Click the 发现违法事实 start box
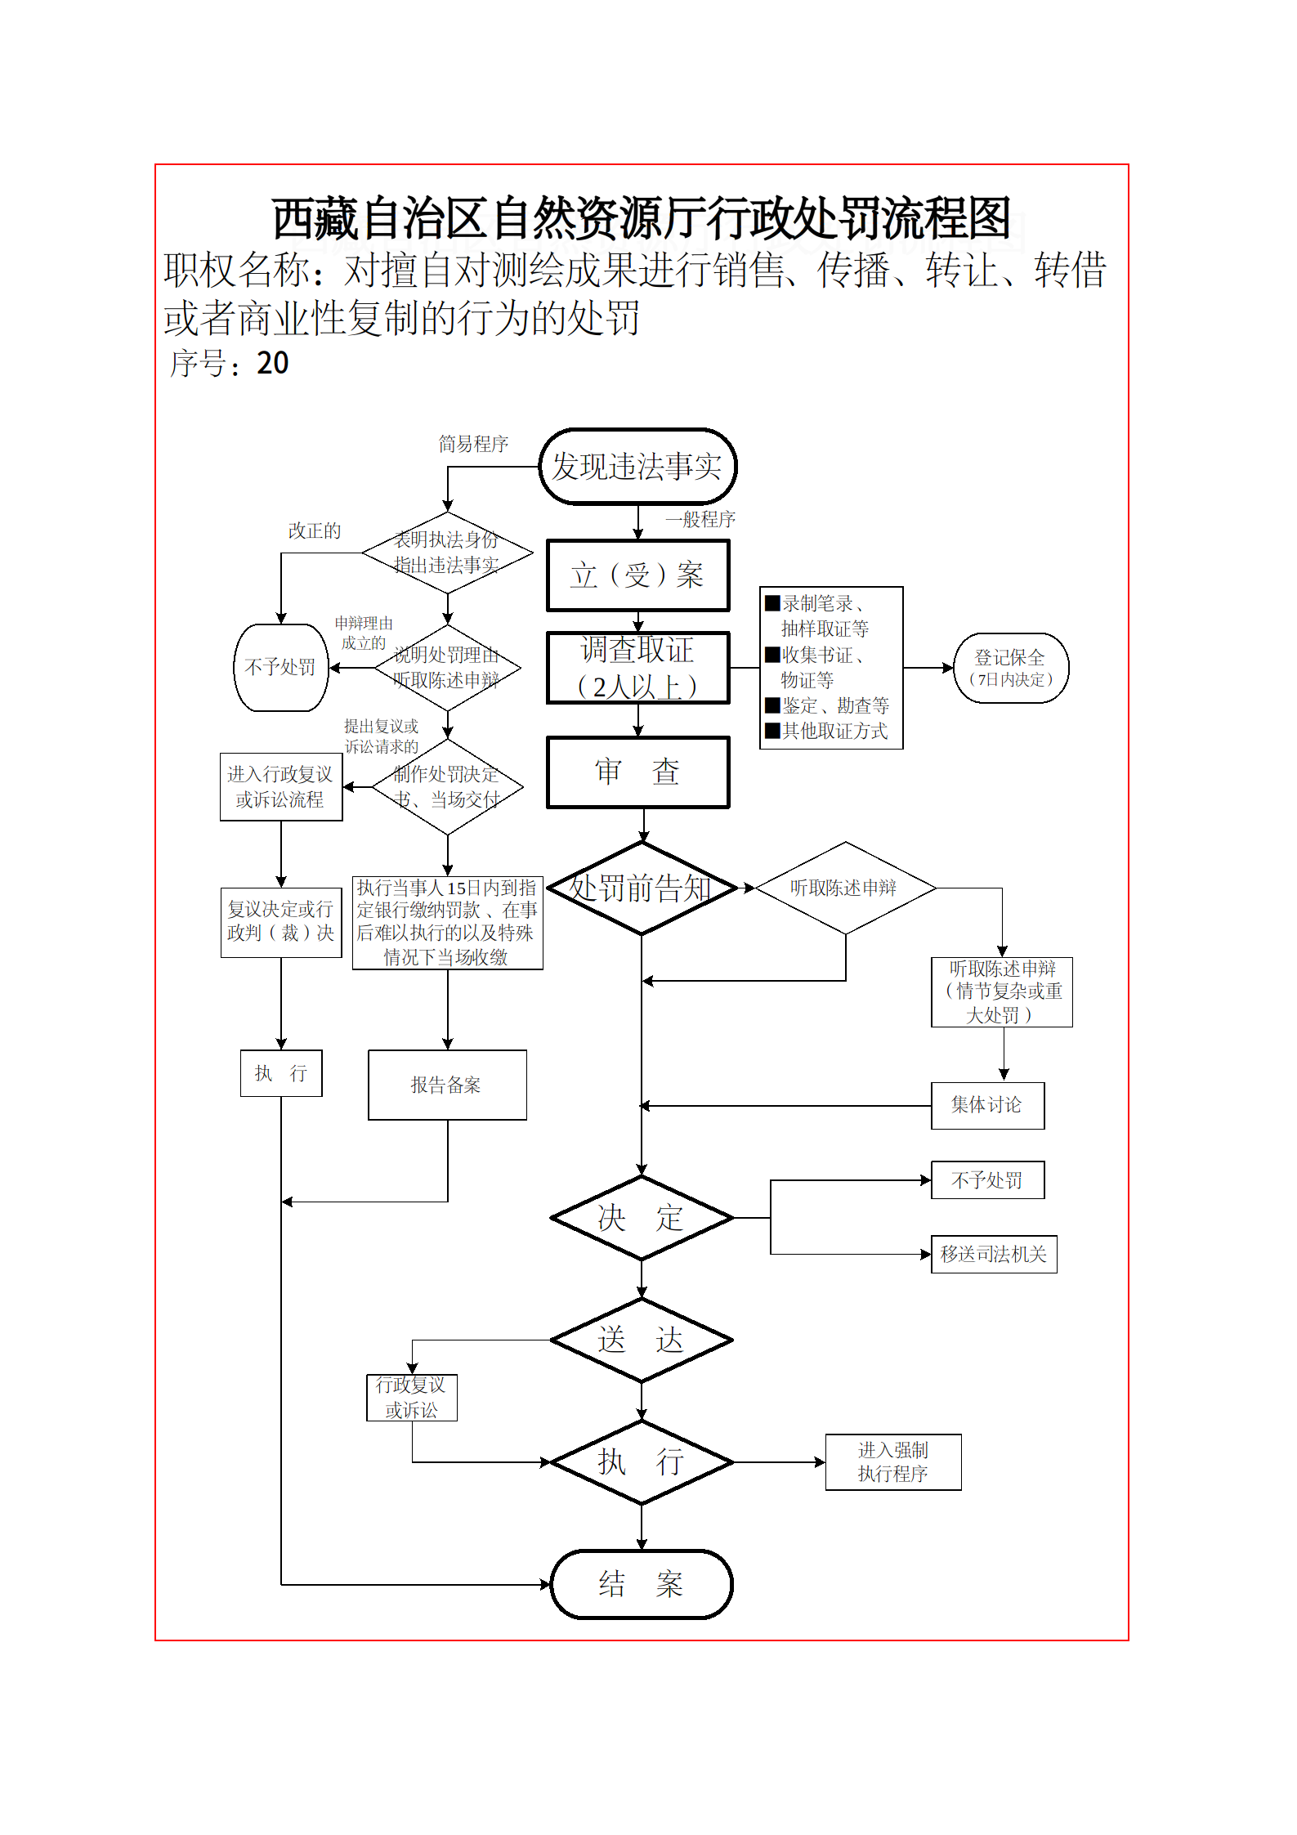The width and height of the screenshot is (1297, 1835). tap(637, 467)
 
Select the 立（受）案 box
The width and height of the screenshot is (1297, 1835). tap(637, 575)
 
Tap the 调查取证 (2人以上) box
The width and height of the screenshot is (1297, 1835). tap(637, 668)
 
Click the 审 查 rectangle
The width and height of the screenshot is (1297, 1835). tap(637, 772)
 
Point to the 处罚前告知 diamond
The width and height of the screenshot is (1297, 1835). tap(642, 888)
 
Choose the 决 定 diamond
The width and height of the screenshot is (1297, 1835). tap(642, 1218)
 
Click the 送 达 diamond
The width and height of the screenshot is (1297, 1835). tap(642, 1340)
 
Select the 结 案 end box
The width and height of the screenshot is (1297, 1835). tap(642, 1584)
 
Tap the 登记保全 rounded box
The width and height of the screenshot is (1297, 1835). tap(1011, 668)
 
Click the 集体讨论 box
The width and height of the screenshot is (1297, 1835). tap(987, 1105)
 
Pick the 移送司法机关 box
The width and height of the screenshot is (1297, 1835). tap(994, 1254)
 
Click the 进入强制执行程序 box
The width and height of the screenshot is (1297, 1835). tap(893, 1462)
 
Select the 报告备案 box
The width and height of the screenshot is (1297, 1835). tap(447, 1085)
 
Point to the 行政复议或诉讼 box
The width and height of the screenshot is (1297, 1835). tap(412, 1398)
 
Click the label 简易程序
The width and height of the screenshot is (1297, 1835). tap(473, 444)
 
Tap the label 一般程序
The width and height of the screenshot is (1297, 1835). tap(700, 519)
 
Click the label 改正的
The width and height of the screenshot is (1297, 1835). tap(315, 531)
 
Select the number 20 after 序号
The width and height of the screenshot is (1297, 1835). tap(273, 364)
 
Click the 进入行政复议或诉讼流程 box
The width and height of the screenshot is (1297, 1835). tap(281, 787)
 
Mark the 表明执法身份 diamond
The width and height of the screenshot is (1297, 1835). tap(447, 553)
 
